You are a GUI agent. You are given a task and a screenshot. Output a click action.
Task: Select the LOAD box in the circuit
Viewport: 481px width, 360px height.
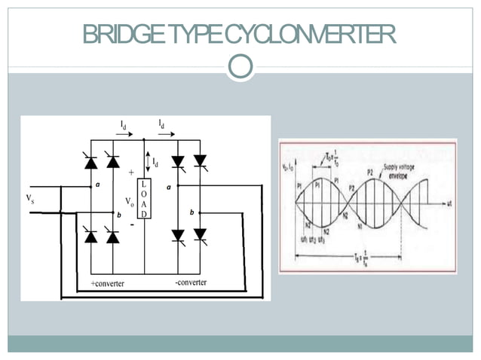(x=143, y=199)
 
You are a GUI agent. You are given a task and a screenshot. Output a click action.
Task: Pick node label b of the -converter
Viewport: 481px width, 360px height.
(x=191, y=213)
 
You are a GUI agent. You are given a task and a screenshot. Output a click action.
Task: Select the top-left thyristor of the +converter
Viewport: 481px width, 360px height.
(x=90, y=162)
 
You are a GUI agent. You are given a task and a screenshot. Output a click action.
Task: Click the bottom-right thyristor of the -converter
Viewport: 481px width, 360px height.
(x=200, y=235)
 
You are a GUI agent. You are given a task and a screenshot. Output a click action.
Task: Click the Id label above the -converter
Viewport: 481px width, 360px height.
(x=162, y=122)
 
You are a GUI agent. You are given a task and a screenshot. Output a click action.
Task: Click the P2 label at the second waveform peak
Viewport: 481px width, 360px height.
(x=370, y=172)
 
